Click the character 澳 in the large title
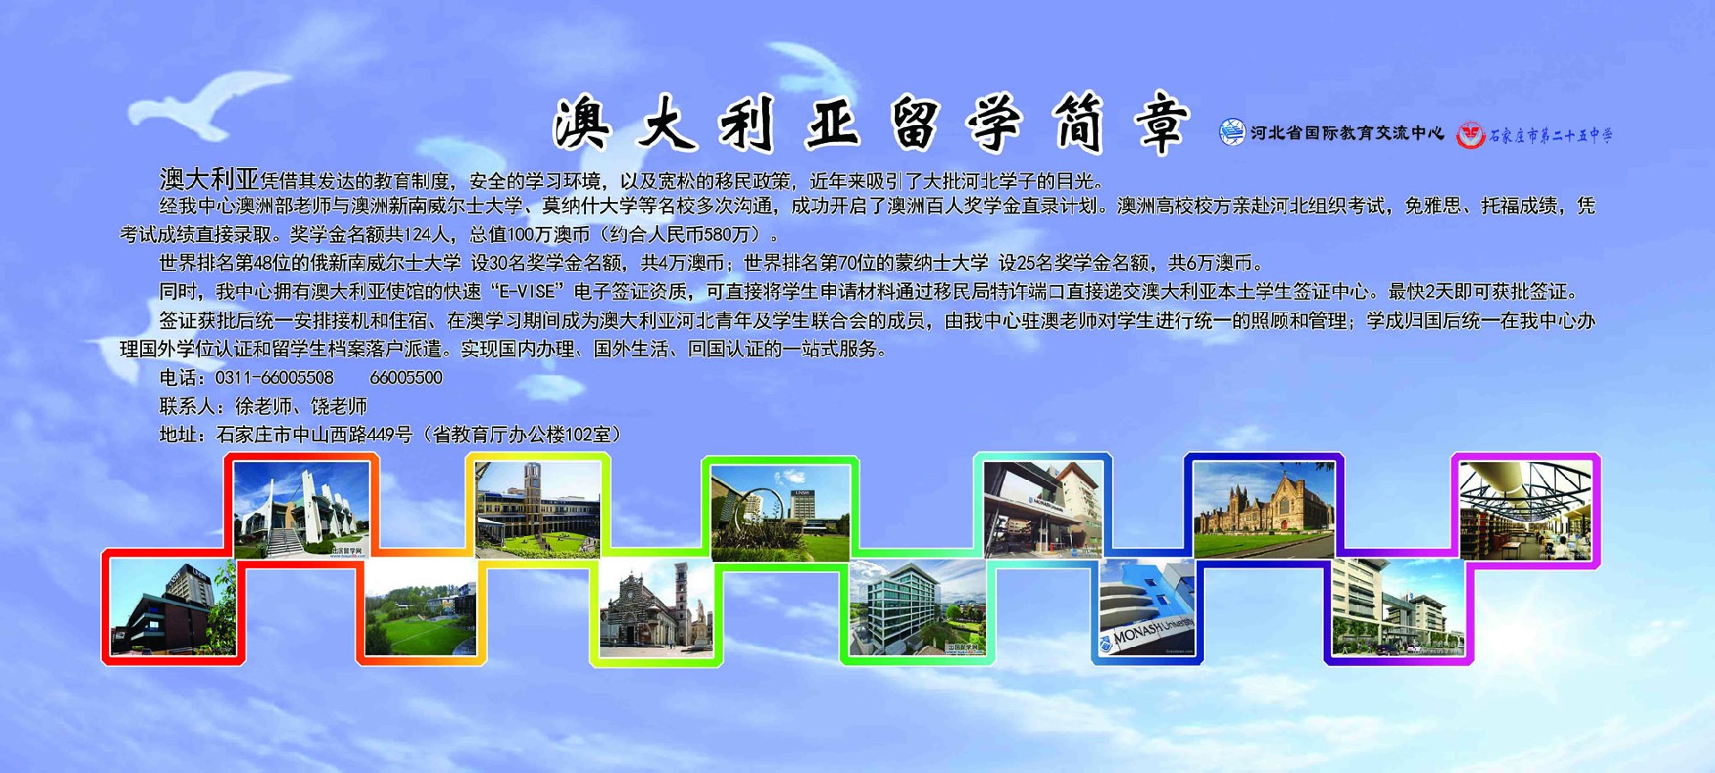582,125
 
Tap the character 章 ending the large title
1161,123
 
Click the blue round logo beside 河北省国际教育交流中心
1232,132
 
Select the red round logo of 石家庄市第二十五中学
1470,135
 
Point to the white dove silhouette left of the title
210,105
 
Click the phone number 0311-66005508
274,378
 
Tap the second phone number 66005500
406,378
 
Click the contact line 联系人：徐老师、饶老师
264,407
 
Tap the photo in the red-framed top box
301,510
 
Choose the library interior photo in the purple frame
1525,510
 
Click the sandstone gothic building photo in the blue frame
1264,510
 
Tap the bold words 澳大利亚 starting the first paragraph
209,179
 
